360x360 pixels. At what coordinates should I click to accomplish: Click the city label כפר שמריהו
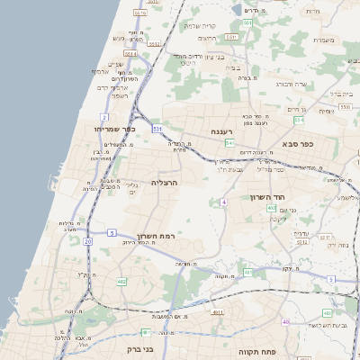click(114, 130)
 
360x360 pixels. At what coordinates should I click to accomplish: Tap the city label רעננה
click(224, 131)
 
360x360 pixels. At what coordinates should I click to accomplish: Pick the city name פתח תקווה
click(256, 351)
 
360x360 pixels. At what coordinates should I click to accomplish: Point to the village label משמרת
click(325, 40)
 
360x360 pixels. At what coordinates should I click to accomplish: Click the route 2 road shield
click(104, 117)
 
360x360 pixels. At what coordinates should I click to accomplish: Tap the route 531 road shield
click(157, 129)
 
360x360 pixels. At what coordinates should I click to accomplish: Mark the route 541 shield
click(231, 142)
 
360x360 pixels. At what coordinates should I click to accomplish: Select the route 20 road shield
click(87, 241)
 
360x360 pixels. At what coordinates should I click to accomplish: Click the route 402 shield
click(272, 208)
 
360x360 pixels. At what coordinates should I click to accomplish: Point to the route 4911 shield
click(217, 312)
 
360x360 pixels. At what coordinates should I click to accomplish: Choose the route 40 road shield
click(285, 321)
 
